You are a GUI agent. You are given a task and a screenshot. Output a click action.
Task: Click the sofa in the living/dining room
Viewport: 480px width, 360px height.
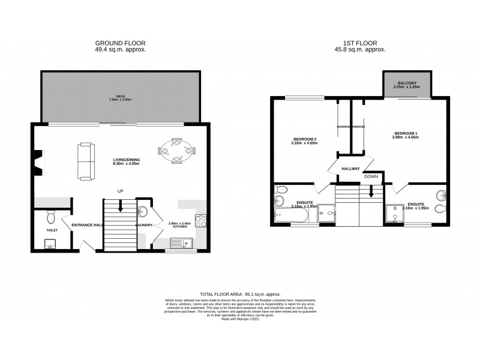[x=85, y=161]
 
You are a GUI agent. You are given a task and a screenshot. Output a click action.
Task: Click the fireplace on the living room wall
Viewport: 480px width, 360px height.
[x=39, y=162]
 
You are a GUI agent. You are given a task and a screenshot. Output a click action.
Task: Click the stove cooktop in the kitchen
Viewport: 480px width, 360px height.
[x=201, y=221]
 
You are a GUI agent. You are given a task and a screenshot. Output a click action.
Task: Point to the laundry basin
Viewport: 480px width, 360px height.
[x=143, y=211]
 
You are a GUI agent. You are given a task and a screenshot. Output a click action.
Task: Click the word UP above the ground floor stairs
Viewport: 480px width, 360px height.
[x=120, y=191]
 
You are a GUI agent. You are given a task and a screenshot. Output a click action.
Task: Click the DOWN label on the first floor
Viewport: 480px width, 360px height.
[x=371, y=177]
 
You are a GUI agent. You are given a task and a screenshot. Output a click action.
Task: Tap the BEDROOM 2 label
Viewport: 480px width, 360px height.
[x=304, y=140]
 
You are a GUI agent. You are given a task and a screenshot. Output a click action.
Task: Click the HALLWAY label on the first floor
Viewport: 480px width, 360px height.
[x=350, y=169]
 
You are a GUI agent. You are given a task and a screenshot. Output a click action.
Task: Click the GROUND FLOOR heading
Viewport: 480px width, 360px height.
[x=120, y=43]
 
